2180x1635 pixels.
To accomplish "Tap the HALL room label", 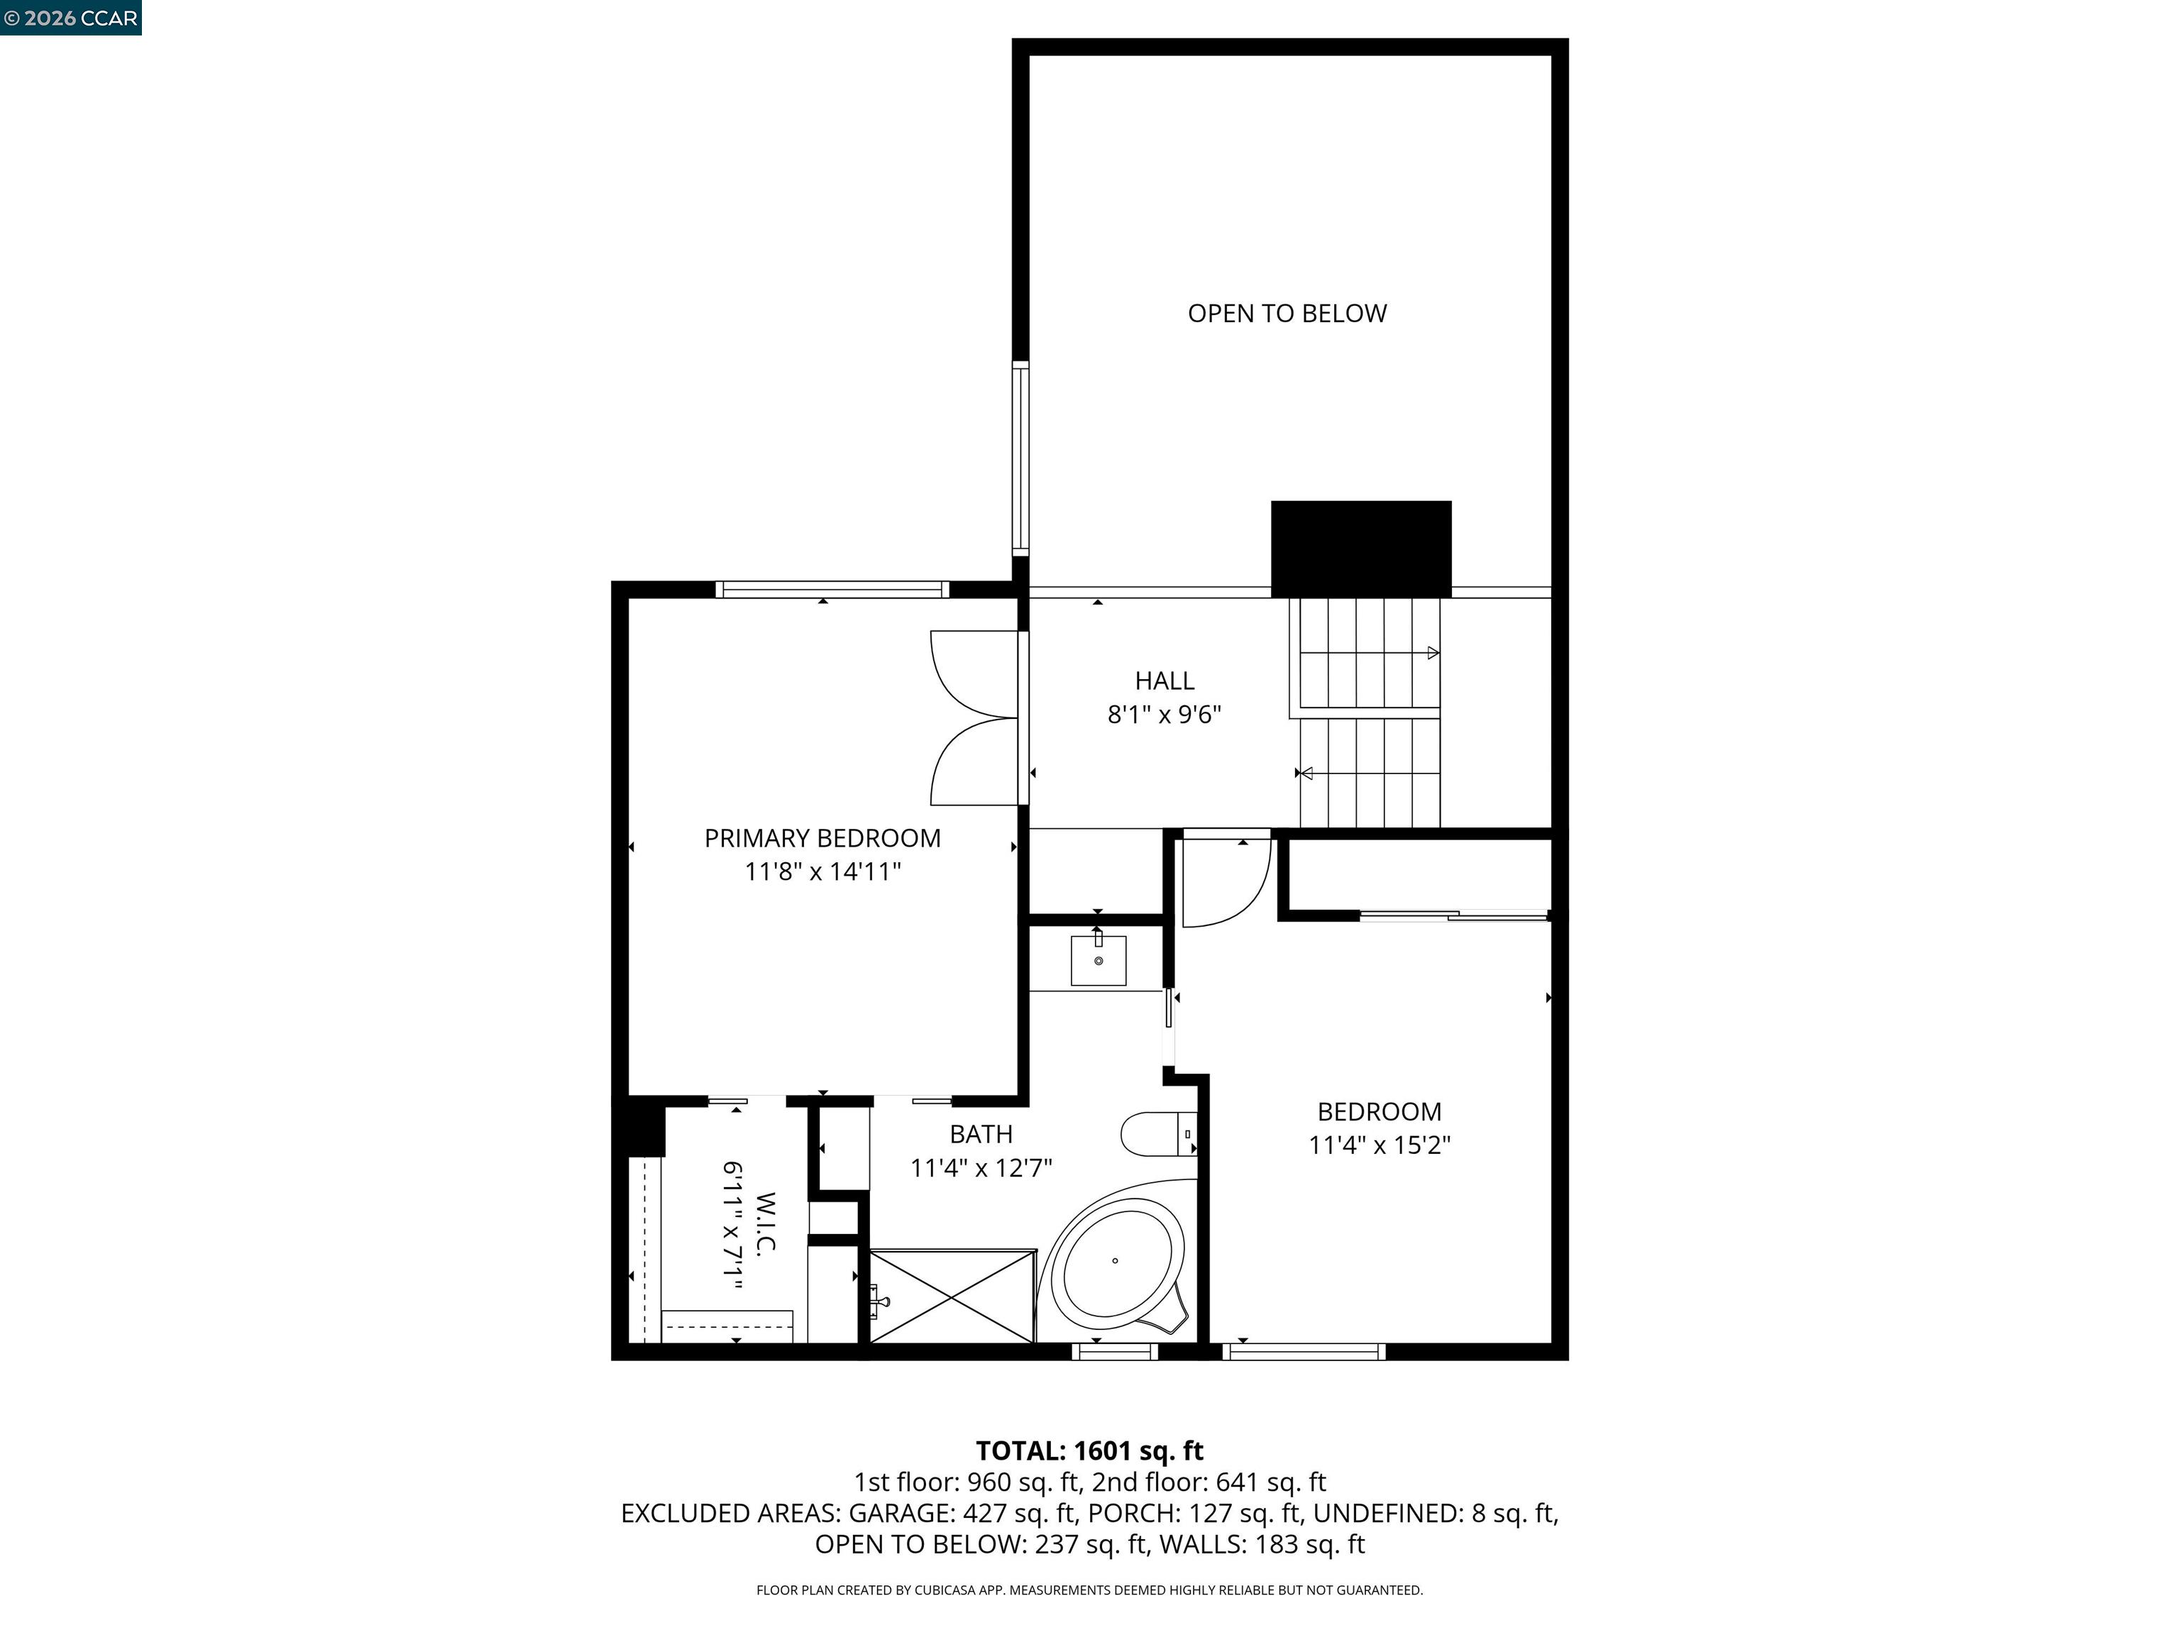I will [1164, 680].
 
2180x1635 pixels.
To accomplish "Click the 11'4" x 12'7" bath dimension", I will [981, 1168].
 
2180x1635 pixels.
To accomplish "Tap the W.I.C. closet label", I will [765, 1222].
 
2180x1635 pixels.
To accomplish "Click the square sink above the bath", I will [1098, 960].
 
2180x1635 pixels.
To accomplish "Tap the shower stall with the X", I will [952, 1296].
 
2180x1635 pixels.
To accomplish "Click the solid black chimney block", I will [1360, 548].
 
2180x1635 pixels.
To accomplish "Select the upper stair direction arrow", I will [1432, 652].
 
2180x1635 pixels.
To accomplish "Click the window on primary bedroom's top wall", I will [832, 589].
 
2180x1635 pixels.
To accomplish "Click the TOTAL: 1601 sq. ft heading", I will [1089, 1450].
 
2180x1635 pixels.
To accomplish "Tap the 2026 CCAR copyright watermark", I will [70, 18].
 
